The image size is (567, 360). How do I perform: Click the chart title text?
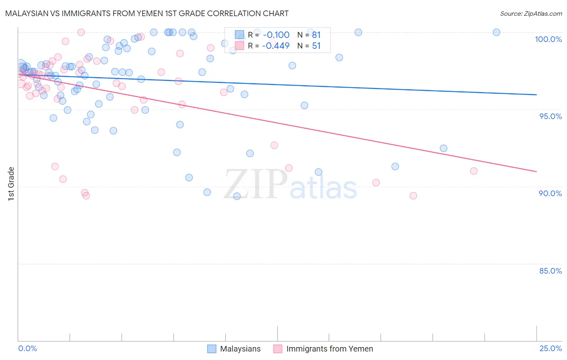pyautogui.click(x=147, y=13)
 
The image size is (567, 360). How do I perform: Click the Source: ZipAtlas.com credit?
pyautogui.click(x=531, y=13)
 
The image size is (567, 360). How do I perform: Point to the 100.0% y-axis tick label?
pyautogui.click(x=548, y=39)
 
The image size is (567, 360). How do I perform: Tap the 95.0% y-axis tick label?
pyautogui.click(x=550, y=116)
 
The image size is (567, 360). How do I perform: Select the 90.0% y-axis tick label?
pyautogui.click(x=550, y=193)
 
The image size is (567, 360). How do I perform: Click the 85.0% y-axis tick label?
pyautogui.click(x=550, y=271)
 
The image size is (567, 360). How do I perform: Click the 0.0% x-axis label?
pyautogui.click(x=27, y=348)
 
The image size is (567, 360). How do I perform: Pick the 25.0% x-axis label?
pyautogui.click(x=550, y=348)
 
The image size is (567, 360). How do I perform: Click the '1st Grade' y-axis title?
pyautogui.click(x=11, y=184)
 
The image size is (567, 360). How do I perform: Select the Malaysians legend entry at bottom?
pyautogui.click(x=234, y=349)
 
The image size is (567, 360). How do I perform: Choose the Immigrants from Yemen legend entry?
pyautogui.click(x=323, y=349)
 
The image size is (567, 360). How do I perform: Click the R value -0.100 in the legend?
pyautogui.click(x=276, y=35)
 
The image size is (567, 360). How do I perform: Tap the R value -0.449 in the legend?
pyautogui.click(x=276, y=46)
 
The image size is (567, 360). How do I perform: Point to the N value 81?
pyautogui.click(x=316, y=35)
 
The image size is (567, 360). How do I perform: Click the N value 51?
pyautogui.click(x=316, y=46)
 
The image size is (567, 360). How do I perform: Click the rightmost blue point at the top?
pyautogui.click(x=496, y=32)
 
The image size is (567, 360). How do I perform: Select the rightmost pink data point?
pyautogui.click(x=474, y=171)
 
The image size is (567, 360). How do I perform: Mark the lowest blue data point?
pyautogui.click(x=237, y=196)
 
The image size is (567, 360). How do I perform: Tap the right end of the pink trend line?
pyautogui.click(x=536, y=172)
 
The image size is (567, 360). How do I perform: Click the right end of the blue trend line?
pyautogui.click(x=536, y=94)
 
